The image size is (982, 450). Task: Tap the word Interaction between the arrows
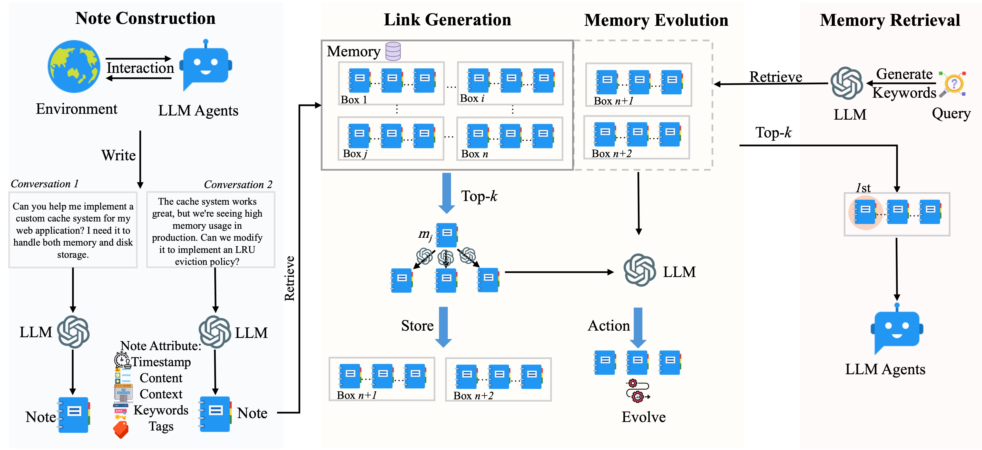(x=140, y=68)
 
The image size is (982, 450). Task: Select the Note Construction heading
(x=145, y=18)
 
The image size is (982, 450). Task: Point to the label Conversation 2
(x=238, y=184)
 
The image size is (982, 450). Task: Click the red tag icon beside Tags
(x=121, y=430)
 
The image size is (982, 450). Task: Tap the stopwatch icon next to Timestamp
(x=122, y=360)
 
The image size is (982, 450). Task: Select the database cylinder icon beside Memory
(x=393, y=51)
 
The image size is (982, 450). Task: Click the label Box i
(x=472, y=98)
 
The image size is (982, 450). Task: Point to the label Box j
(x=354, y=153)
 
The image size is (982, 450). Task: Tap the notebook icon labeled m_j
(x=446, y=235)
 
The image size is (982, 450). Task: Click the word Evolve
(x=643, y=417)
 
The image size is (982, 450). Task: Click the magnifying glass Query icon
(x=953, y=84)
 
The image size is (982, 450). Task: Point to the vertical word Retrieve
(x=289, y=278)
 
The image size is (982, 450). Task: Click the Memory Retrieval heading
(x=890, y=20)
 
